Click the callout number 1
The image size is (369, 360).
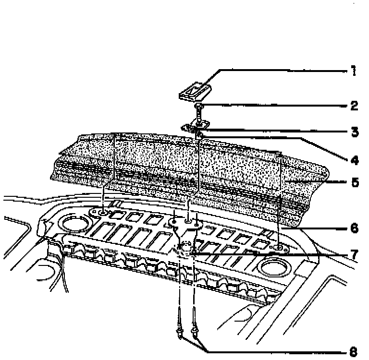pos(353,72)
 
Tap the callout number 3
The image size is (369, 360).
pos(354,132)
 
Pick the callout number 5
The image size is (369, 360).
pos(354,183)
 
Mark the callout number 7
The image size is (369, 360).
pos(354,254)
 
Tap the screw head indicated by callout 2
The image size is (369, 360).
pos(199,107)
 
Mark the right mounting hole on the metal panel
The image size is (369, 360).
pos(278,248)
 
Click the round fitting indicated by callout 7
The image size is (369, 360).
pos(183,248)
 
